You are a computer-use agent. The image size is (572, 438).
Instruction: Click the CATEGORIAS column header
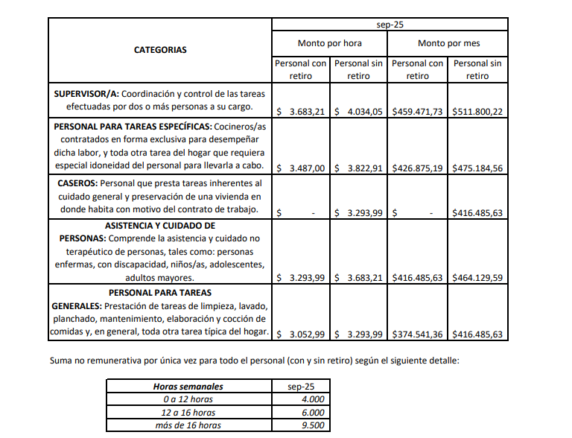160,50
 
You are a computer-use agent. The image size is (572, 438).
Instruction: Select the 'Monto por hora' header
329,43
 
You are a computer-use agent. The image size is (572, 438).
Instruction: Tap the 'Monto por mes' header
448,43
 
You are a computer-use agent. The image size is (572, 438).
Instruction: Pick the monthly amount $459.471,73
417,111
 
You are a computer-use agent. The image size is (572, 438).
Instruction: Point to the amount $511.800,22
477,111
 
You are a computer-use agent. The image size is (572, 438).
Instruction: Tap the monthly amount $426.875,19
417,168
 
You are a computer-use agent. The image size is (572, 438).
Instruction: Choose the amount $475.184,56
477,168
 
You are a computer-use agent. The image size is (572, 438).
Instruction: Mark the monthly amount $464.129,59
477,278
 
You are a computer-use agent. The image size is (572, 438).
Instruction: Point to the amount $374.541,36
417,334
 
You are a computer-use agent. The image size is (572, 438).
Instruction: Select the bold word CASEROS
77,182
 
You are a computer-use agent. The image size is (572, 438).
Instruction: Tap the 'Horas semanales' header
188,387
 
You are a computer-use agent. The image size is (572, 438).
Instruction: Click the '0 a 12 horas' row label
188,399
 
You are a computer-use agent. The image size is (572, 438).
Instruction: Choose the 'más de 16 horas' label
188,425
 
